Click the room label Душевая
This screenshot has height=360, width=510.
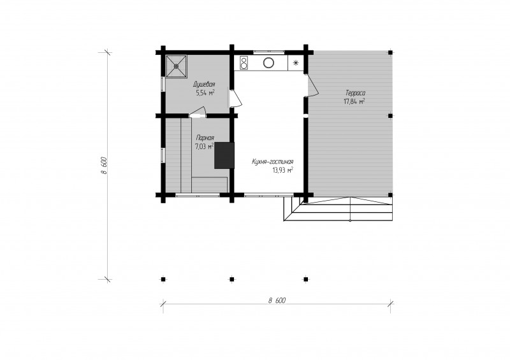click(x=204, y=84)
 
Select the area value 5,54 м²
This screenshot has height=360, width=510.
click(x=205, y=93)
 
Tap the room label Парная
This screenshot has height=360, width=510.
click(x=205, y=138)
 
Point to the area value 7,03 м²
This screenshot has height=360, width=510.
click(x=204, y=147)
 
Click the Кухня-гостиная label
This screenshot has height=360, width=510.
click(x=273, y=162)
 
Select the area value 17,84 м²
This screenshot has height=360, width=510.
click(x=354, y=101)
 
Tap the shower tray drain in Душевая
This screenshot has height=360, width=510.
click(x=177, y=66)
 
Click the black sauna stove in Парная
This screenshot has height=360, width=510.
click(x=224, y=155)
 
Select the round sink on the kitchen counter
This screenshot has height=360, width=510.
click(x=268, y=62)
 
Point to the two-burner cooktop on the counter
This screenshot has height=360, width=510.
click(x=244, y=63)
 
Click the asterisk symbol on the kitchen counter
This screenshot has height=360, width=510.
click(x=296, y=63)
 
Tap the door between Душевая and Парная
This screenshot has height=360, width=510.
click(x=198, y=112)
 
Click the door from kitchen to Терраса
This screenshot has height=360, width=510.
click(x=311, y=85)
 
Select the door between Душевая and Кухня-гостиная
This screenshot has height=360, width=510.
click(x=235, y=98)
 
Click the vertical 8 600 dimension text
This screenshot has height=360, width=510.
click(x=104, y=166)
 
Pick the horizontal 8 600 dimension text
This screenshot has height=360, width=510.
click(x=277, y=301)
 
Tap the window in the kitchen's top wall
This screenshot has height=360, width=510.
click(x=268, y=52)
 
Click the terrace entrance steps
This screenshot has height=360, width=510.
click(x=339, y=209)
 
